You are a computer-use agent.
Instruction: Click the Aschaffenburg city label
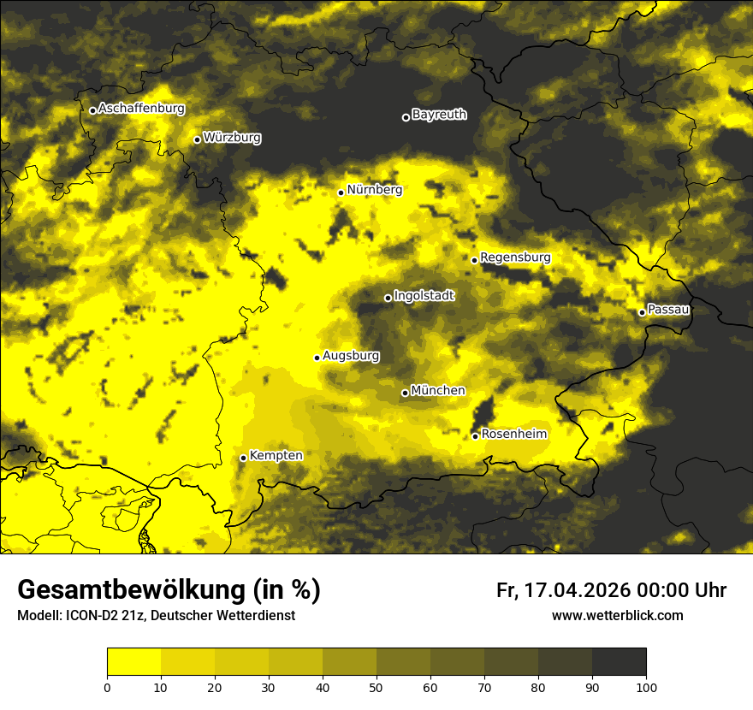tap(141, 109)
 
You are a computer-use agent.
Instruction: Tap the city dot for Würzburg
tap(197, 139)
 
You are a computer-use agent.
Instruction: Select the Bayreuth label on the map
tap(439, 115)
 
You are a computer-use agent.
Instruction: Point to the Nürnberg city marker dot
tap(341, 192)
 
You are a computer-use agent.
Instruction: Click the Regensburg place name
tap(515, 257)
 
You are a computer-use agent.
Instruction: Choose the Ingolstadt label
tap(424, 296)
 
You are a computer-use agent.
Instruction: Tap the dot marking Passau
tap(642, 312)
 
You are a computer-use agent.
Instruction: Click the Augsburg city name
tap(351, 356)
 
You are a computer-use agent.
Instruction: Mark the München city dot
tap(405, 393)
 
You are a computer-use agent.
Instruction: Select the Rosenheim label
tap(513, 435)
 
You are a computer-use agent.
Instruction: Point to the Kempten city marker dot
tap(243, 458)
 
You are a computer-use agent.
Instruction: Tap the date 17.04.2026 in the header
tap(578, 590)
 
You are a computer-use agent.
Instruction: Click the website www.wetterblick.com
tap(617, 615)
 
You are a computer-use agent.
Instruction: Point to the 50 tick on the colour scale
tap(376, 687)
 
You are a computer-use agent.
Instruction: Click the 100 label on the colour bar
tap(646, 687)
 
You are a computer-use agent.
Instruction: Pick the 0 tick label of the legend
tap(107, 687)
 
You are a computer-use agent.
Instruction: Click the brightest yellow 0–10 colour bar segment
tap(133, 662)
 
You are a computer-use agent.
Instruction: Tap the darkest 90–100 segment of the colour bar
tap(619, 662)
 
